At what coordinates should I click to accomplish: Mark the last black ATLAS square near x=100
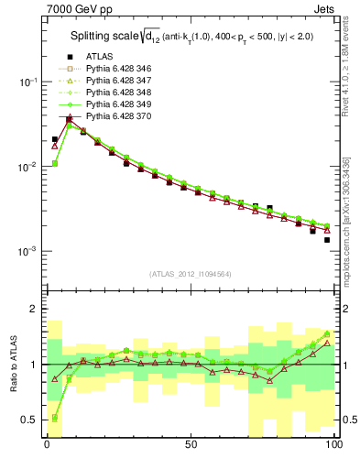[x=326, y=240]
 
